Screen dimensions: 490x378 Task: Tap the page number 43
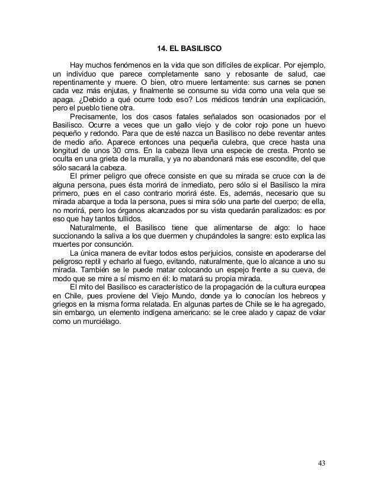tap(320, 463)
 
